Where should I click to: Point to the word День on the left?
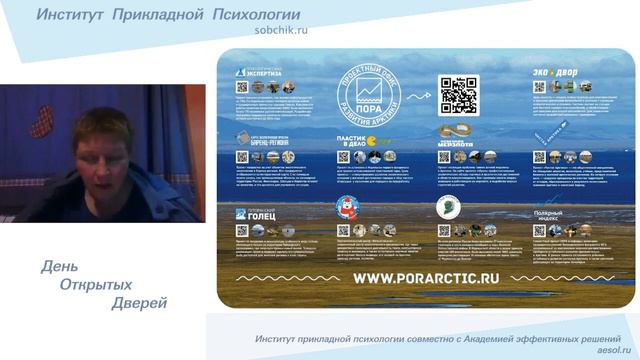[58, 267]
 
